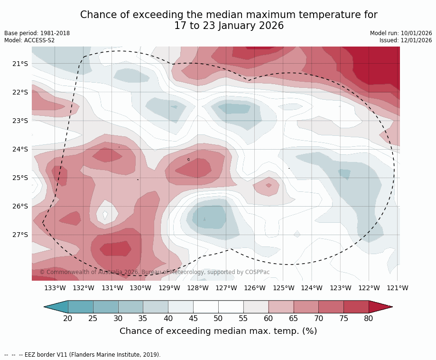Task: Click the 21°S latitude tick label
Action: [20, 64]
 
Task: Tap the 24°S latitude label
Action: [20, 149]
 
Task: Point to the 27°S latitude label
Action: [20, 235]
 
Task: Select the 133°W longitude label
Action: [55, 288]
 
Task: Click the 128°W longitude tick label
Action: [198, 288]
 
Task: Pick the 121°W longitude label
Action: [398, 288]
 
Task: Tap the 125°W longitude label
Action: [283, 288]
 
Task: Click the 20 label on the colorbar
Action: [68, 318]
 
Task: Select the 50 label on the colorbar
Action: [218, 318]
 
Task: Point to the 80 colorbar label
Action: [369, 318]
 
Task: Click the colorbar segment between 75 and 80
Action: [356, 307]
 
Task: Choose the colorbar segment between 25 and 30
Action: [105, 307]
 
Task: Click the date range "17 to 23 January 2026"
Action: [229, 26]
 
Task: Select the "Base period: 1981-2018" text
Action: [37, 33]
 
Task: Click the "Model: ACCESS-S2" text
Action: [29, 40]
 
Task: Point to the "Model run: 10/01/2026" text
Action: [401, 33]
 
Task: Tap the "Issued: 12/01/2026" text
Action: [406, 40]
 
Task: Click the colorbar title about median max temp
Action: [218, 331]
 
